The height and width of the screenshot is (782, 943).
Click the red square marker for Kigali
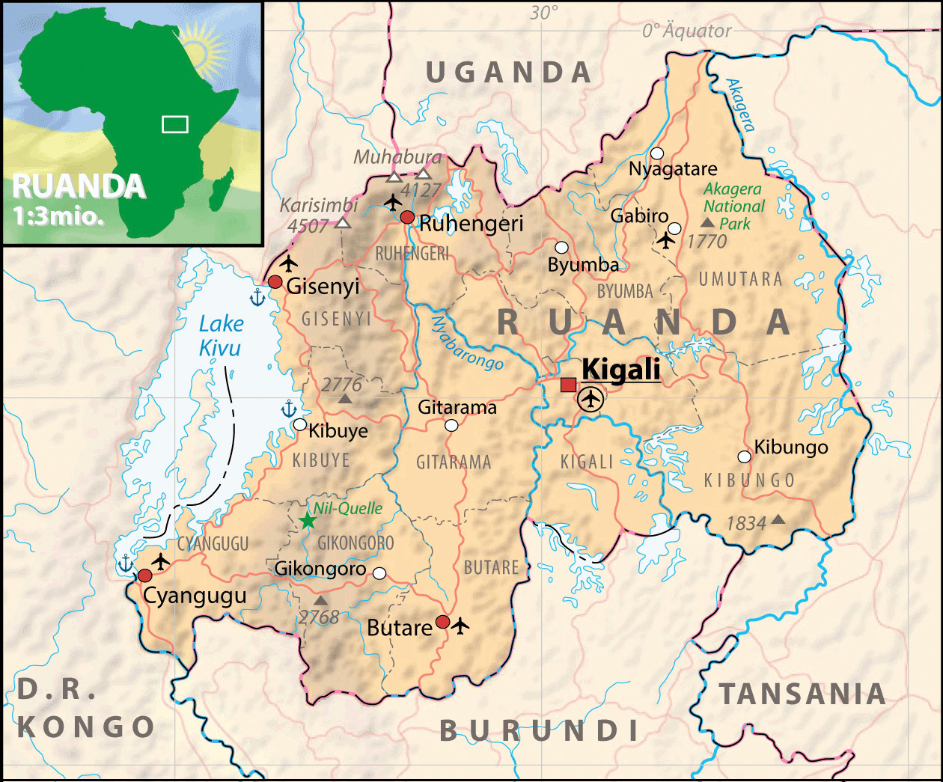click(x=569, y=385)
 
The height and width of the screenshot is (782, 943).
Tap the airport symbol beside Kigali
click(x=591, y=399)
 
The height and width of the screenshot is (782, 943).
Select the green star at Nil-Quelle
click(x=307, y=520)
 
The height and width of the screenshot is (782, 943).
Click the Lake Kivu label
click(x=221, y=336)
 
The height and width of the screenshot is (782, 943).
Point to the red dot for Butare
click(x=443, y=622)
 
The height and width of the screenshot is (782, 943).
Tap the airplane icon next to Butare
click(x=460, y=624)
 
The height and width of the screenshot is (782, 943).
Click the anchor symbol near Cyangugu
click(x=125, y=563)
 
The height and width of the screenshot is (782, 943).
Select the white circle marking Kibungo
click(x=744, y=456)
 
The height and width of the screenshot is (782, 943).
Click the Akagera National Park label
click(x=733, y=207)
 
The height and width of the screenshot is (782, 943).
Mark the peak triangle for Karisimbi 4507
click(x=343, y=222)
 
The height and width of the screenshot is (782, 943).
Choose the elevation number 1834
click(x=746, y=523)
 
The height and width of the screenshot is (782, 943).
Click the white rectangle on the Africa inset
click(x=175, y=124)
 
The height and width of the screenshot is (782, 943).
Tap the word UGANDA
click(x=509, y=73)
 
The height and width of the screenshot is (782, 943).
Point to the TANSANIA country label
click(x=803, y=694)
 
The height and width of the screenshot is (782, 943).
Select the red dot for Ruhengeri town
click(x=407, y=217)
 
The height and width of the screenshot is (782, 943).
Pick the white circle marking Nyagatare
click(x=657, y=153)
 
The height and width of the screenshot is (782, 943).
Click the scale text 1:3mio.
click(x=58, y=216)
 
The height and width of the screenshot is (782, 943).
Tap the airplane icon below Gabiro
click(x=665, y=240)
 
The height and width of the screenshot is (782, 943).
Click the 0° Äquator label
click(x=686, y=31)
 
